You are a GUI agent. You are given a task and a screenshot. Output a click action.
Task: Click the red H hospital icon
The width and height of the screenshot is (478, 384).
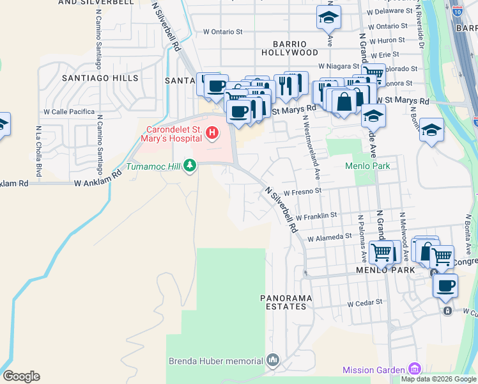pos(212,133)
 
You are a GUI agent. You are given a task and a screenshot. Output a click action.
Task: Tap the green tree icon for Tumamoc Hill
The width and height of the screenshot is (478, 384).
pos(189,166)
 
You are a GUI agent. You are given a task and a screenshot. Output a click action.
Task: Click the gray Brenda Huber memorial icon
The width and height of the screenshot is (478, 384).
pos(273,361)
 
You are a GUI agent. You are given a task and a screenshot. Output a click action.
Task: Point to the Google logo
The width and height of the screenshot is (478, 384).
pos(21,376)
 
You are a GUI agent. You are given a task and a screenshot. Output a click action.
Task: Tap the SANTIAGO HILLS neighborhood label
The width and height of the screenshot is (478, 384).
pos(100,78)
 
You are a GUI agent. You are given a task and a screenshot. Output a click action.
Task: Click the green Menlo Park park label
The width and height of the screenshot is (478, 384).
pos(367,165)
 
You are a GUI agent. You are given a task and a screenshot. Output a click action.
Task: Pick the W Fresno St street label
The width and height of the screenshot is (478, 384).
pos(302,191)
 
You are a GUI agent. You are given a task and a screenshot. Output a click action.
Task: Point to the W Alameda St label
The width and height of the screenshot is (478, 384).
pos(329,236)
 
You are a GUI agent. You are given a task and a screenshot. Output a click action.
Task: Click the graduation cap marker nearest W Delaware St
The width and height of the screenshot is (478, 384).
pos(328,17)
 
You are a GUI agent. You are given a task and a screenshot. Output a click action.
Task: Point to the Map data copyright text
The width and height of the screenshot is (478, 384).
pos(439,379)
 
